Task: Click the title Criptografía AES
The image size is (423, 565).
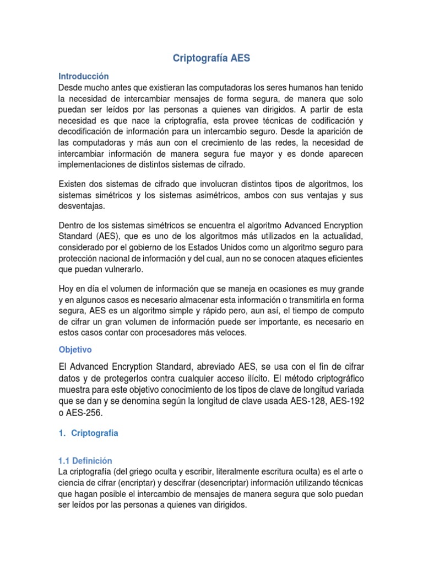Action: tap(211, 58)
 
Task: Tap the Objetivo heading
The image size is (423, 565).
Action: tap(75, 350)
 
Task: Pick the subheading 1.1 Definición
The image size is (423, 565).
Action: tap(85, 460)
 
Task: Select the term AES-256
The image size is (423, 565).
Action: tap(84, 413)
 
